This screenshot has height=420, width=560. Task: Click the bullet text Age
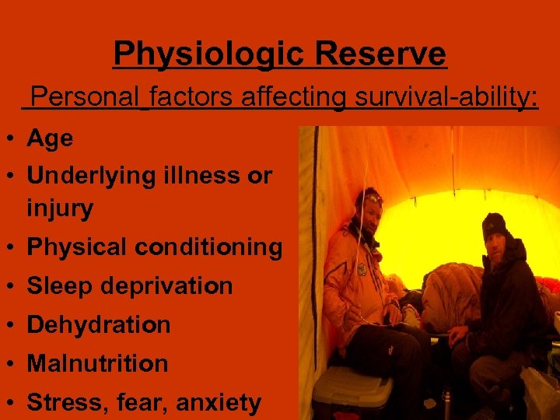(50, 139)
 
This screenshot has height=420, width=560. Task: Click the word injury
(60, 208)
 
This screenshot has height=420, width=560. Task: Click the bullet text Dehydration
(99, 324)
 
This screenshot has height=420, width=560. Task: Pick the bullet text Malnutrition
(97, 363)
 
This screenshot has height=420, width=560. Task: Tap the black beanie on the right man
(495, 225)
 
